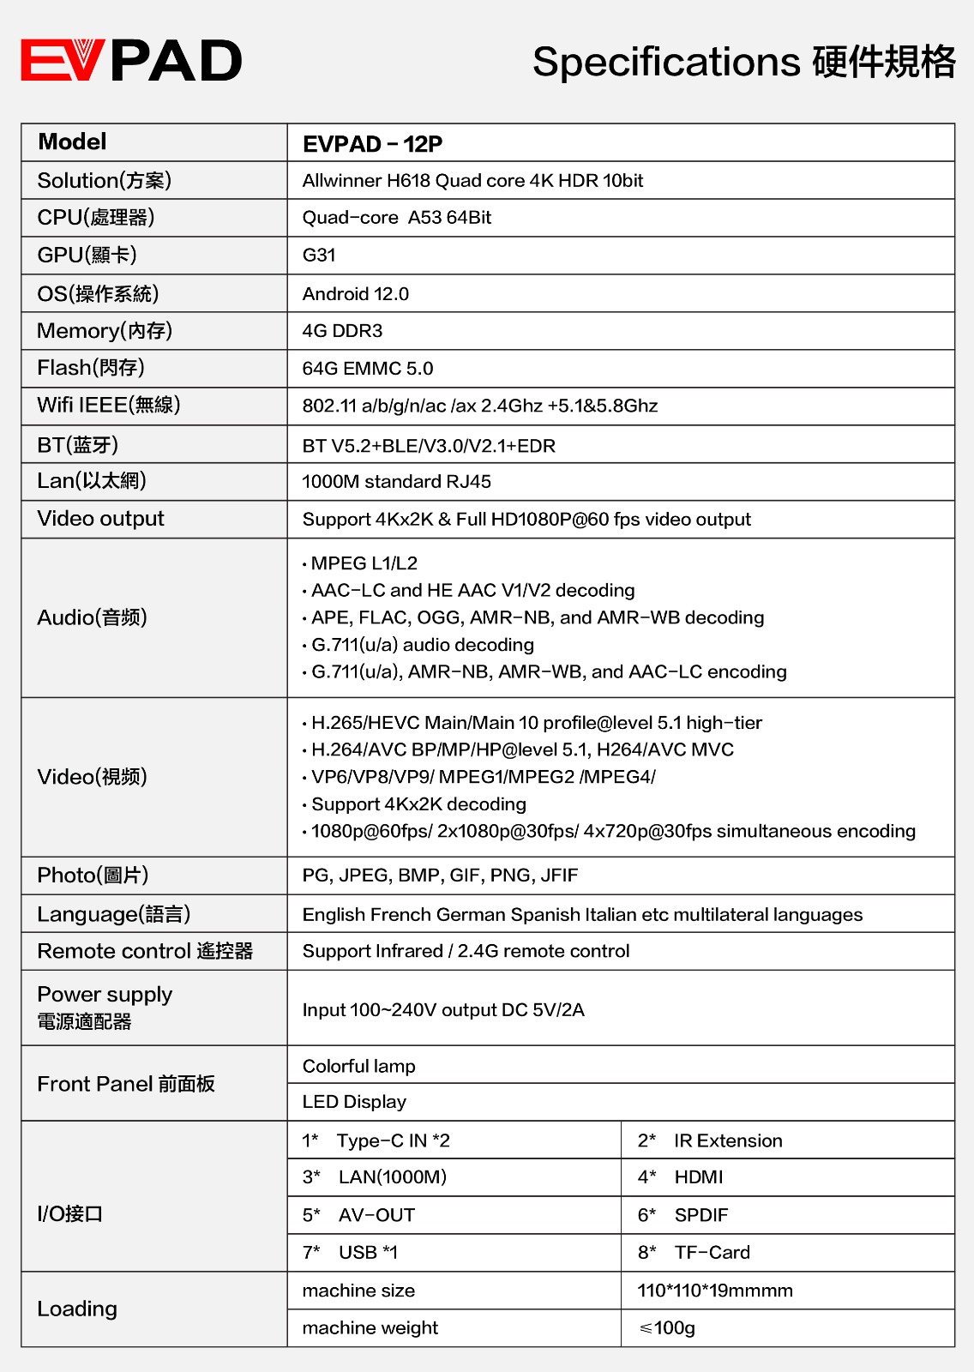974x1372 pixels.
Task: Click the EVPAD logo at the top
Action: point(131,61)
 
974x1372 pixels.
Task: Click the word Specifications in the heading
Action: point(666,63)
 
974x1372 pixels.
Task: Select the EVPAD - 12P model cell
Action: point(372,144)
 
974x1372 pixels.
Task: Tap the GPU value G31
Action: point(319,256)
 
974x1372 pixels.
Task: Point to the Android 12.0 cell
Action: point(355,294)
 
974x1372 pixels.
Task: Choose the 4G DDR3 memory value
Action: point(342,331)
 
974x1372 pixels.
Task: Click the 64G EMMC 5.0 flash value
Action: point(367,369)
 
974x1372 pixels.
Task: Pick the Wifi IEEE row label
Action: point(108,405)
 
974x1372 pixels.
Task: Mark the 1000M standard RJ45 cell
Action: point(396,482)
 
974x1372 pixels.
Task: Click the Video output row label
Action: point(100,519)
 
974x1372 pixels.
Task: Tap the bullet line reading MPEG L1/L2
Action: point(364,563)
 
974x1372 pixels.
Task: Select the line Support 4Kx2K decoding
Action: point(418,804)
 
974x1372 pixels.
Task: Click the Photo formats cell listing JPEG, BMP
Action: point(440,876)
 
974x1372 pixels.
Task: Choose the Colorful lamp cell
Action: point(358,1066)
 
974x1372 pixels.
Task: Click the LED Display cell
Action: point(354,1102)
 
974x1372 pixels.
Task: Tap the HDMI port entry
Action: point(698,1177)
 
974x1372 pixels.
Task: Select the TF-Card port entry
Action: point(712,1253)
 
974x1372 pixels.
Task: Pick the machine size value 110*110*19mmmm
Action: point(714,1291)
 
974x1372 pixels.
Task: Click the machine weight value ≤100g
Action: point(667,1328)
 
